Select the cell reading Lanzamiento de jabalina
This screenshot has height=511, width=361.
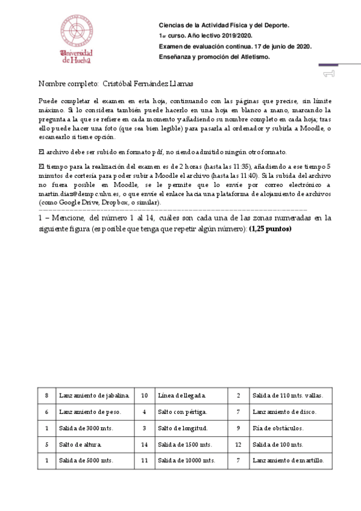(94, 395)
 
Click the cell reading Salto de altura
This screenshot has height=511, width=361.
(80, 444)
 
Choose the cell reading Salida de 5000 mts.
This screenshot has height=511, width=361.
(86, 460)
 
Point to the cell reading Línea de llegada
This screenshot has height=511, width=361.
(181, 395)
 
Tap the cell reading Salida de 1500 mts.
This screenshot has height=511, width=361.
(184, 444)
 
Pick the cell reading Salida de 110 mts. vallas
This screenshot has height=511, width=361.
(287, 395)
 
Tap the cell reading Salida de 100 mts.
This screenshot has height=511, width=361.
(277, 444)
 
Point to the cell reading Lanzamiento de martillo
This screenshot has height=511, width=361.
(288, 460)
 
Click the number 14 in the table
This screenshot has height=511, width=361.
(144, 444)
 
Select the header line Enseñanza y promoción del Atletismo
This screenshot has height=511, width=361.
(214, 57)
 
